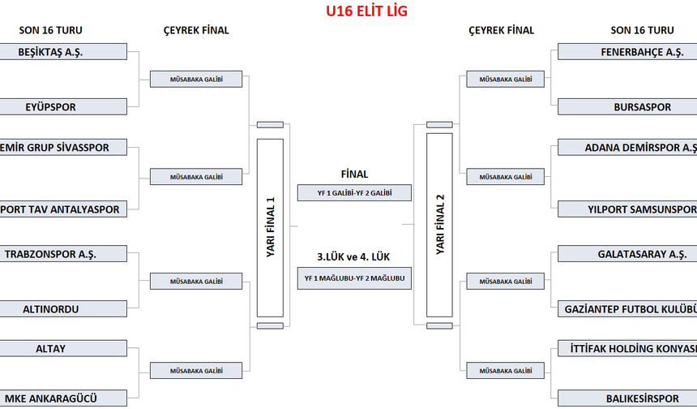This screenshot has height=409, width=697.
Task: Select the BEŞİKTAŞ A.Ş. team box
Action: point(63,51)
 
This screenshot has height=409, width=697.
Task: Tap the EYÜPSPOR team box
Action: point(63,106)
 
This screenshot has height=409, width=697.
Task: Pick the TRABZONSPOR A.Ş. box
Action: point(63,254)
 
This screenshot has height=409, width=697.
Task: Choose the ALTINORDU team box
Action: point(63,309)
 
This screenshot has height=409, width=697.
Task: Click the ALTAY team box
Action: point(63,349)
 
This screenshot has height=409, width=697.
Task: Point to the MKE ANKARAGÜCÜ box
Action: point(63,398)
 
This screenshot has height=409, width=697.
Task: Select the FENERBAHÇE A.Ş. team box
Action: point(627,51)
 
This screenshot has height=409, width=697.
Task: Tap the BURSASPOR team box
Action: point(627,106)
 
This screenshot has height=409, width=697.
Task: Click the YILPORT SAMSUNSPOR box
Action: point(627,209)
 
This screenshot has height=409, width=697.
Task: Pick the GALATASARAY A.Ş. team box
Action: point(627,254)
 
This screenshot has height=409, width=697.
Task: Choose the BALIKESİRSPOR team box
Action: point(627,398)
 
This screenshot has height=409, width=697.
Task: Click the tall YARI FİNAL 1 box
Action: point(270,227)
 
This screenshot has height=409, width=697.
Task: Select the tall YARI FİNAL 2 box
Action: point(439,225)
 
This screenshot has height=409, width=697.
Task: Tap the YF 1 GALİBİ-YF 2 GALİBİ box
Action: point(354,193)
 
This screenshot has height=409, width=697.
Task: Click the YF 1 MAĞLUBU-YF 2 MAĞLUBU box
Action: point(354,278)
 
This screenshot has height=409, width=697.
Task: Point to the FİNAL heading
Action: point(354,174)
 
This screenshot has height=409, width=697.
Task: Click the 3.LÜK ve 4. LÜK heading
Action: point(354,256)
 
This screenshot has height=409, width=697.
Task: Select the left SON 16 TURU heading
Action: point(50,31)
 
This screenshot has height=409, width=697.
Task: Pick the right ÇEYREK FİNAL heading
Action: point(501,31)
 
